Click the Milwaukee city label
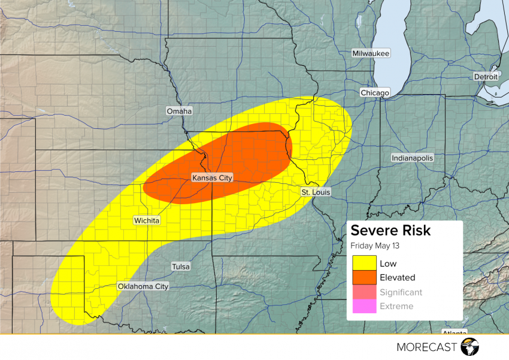coord(371,54)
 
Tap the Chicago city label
coord(375,93)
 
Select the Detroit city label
coord(485,77)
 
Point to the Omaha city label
coord(180,111)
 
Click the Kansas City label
coord(211,178)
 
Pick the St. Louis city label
coord(315,192)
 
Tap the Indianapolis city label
coord(412,158)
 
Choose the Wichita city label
coord(147,220)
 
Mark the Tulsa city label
coord(180,266)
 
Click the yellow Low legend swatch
coord(364,263)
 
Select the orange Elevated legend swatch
coord(364,277)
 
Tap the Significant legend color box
coord(364,292)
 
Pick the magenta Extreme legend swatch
coord(364,306)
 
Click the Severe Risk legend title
coord(390,231)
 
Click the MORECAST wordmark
coord(426,347)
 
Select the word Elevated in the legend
coord(397,277)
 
